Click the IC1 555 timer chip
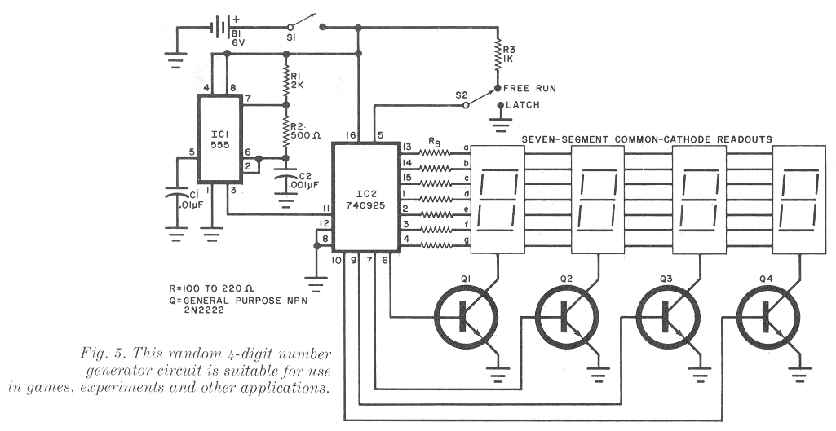click(219, 139)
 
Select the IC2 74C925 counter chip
click(365, 197)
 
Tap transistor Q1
click(466, 316)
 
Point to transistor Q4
click(768, 316)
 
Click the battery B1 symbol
click(222, 27)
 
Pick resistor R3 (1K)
click(498, 55)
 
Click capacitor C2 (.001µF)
click(286, 178)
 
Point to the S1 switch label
click(291, 38)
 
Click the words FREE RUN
click(529, 89)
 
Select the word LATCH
click(523, 105)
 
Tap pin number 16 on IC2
click(350, 136)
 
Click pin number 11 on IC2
click(325, 208)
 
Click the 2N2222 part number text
click(204, 310)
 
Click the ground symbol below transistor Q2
click(599, 375)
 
